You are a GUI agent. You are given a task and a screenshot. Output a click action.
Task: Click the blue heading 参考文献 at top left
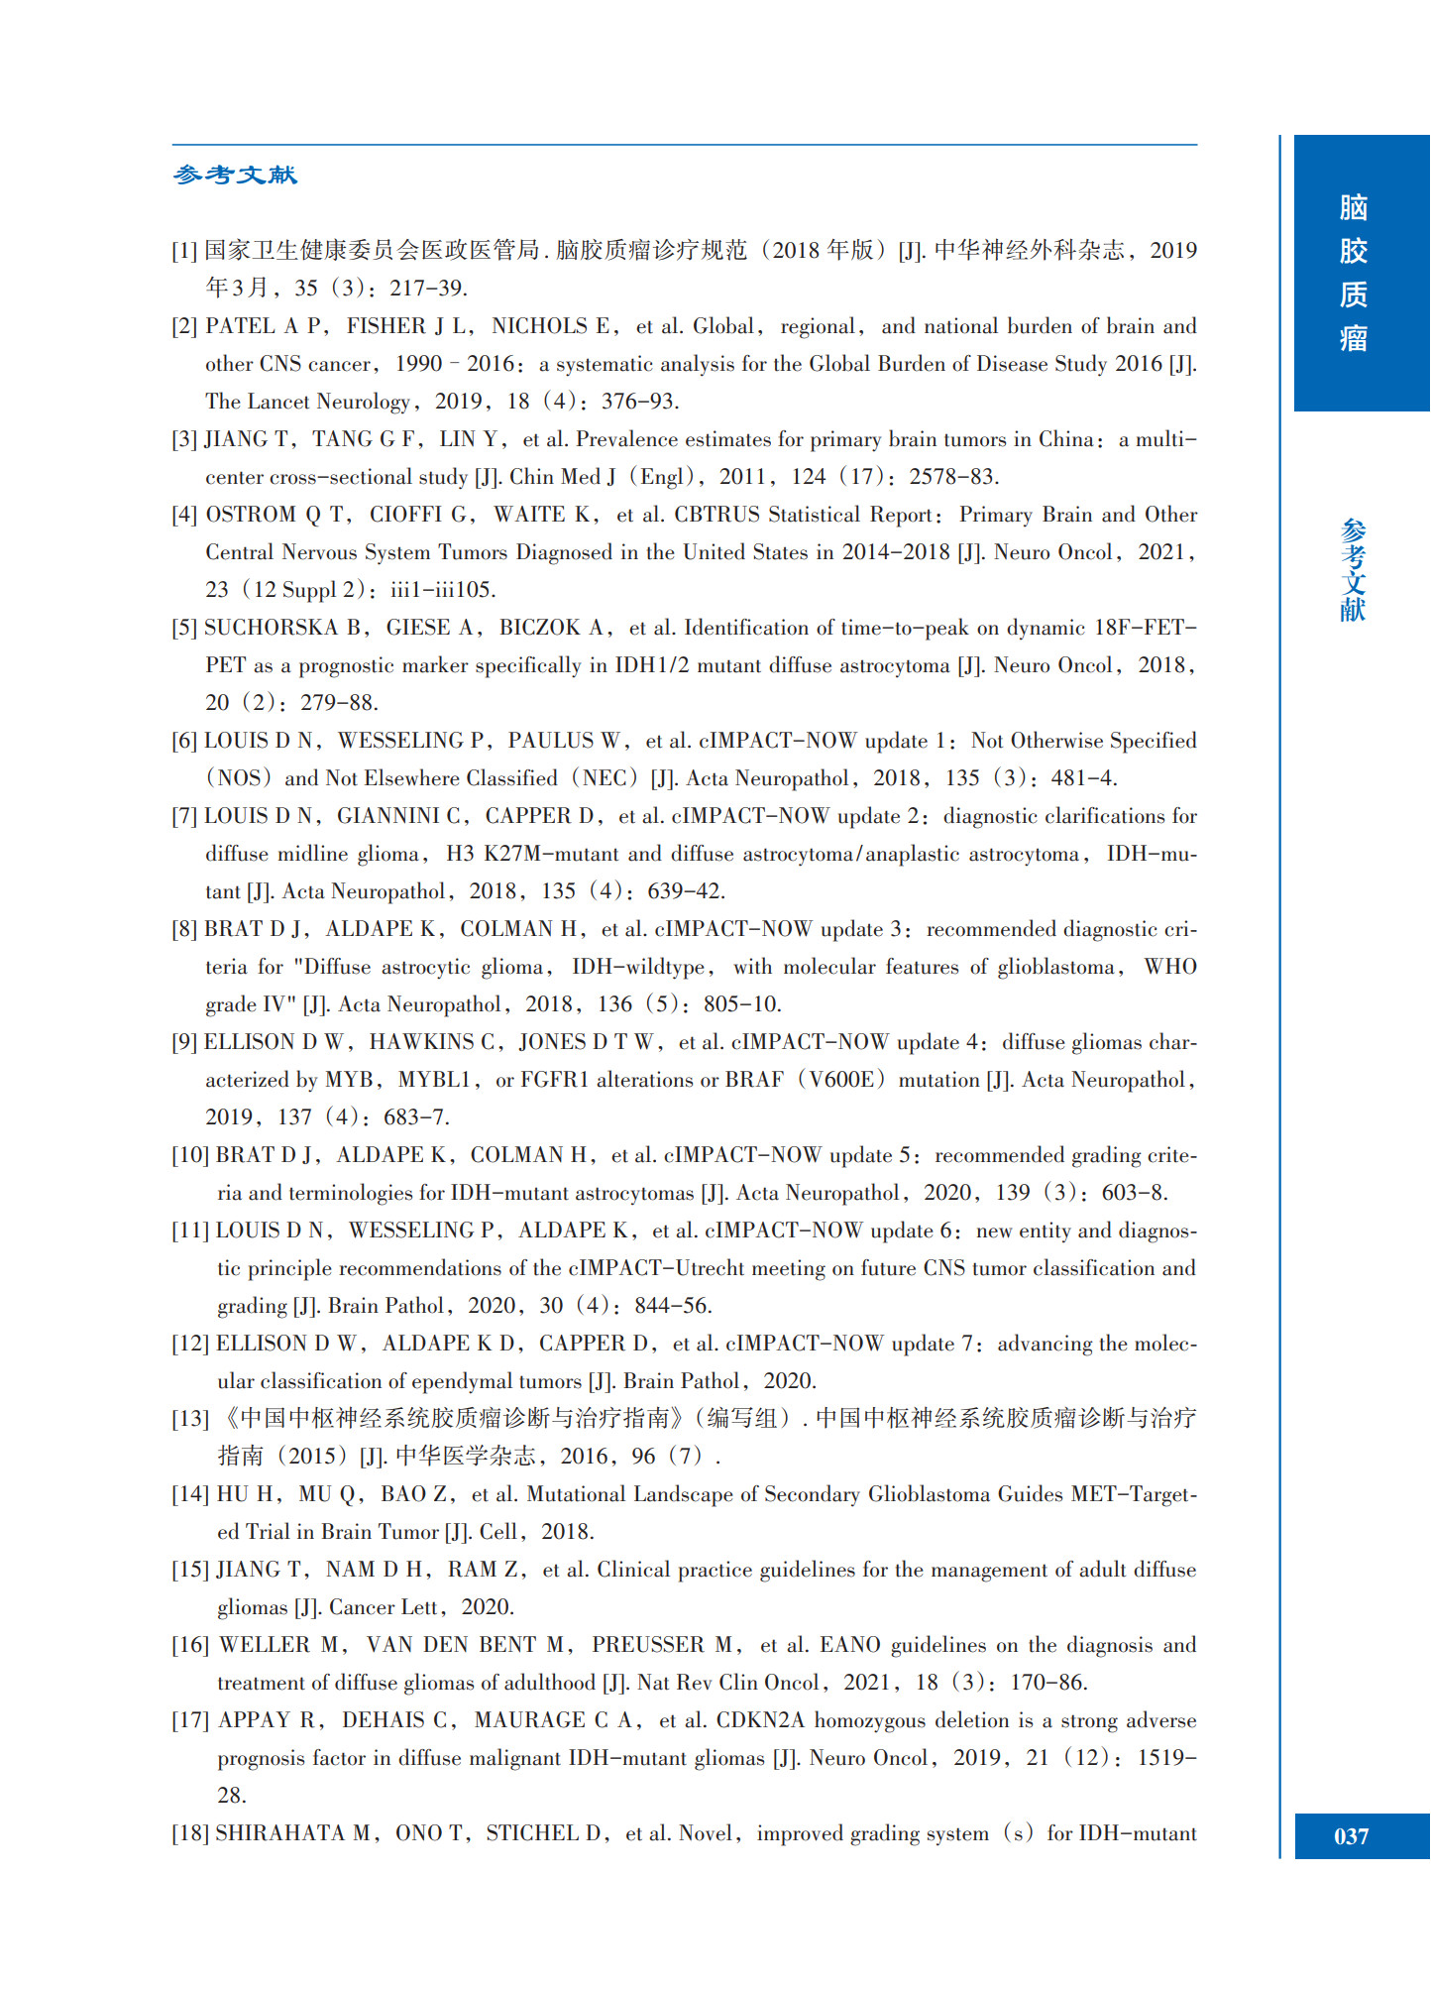pos(235,176)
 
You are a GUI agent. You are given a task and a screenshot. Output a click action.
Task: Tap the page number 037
pos(1352,1836)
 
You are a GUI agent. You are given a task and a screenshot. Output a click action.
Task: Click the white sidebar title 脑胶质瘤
pos(1353,273)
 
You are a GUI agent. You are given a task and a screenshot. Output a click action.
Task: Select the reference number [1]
pos(184,251)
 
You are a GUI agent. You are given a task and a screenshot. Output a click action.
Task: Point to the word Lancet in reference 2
pos(278,402)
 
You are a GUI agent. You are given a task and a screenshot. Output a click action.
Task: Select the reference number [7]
pos(184,816)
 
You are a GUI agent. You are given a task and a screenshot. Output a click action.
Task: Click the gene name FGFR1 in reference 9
pos(554,1080)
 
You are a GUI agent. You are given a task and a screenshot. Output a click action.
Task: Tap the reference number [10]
pos(190,1155)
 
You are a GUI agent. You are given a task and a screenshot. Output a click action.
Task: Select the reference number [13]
pos(190,1419)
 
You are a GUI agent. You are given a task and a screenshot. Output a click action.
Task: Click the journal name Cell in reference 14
pos(497,1532)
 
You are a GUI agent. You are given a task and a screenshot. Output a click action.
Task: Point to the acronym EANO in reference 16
pos(849,1645)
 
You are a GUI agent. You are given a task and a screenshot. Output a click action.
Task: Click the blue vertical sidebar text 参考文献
pos(1353,570)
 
